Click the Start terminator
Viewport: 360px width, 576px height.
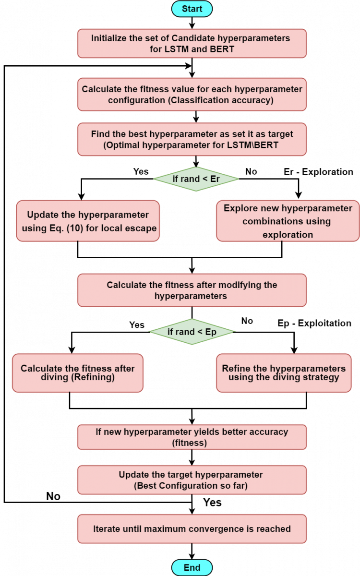point(192,9)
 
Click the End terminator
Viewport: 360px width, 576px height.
point(192,567)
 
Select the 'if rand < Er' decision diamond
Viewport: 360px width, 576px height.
point(196,179)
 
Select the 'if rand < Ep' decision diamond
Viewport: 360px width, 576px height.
point(192,332)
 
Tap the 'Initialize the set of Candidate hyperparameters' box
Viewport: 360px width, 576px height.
point(192,44)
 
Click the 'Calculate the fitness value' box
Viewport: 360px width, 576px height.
point(192,95)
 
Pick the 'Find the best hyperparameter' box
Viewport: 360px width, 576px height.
point(192,139)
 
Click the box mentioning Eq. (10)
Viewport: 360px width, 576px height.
point(88,221)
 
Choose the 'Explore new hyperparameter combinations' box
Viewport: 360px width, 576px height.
point(288,221)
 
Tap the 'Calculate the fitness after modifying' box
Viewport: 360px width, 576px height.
point(192,290)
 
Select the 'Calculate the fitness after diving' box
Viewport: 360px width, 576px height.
point(78,373)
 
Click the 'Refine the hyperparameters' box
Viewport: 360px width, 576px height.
point(284,373)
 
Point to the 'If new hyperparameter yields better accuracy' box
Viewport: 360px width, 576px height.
point(192,437)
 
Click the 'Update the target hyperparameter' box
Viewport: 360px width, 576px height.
point(192,480)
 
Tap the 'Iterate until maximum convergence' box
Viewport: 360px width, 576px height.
point(192,529)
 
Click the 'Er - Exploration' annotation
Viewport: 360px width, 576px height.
point(318,172)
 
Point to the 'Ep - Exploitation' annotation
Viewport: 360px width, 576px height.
point(314,323)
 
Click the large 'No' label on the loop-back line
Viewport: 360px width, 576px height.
point(53,496)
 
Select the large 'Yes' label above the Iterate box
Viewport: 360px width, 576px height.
point(212,503)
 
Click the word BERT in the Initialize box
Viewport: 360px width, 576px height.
point(222,49)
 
